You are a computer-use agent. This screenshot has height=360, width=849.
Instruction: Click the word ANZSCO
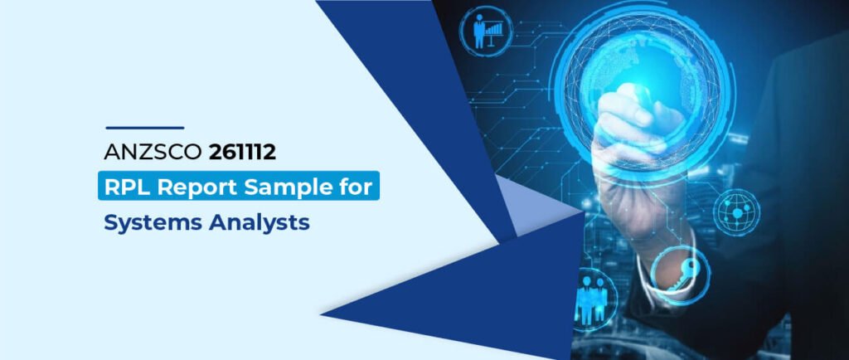(x=153, y=152)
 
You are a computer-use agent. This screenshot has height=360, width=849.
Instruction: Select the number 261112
(x=242, y=152)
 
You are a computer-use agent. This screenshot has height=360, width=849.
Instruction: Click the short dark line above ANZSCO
(x=144, y=128)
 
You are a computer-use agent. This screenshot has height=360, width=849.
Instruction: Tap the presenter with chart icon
(x=486, y=32)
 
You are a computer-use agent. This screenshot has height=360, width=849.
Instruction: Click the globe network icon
(x=736, y=212)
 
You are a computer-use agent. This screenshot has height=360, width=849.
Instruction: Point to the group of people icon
(x=590, y=299)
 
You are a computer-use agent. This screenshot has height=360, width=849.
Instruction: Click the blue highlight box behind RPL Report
(x=239, y=186)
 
